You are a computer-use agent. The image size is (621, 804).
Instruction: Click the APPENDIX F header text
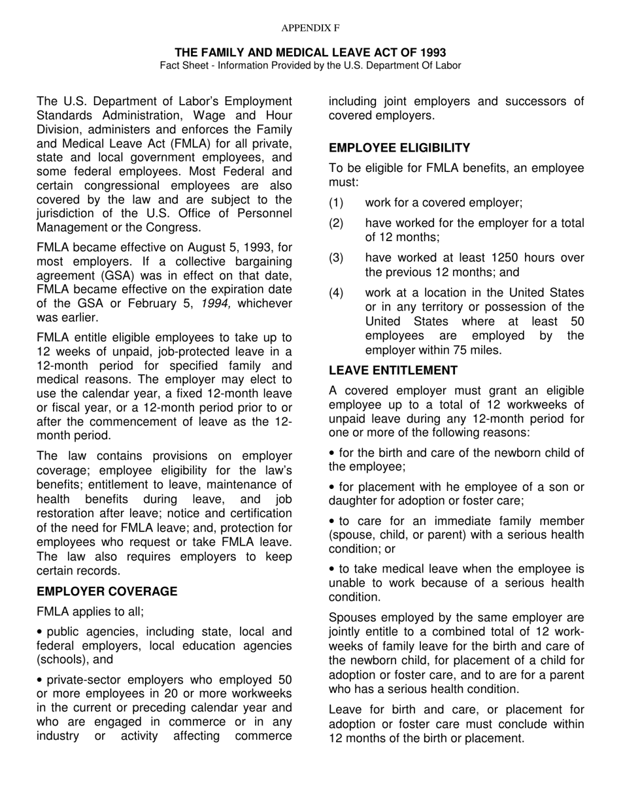coord(310,28)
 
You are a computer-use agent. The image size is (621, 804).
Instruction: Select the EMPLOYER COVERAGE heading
coord(107,592)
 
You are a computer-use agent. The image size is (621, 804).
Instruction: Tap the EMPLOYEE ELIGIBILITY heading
coord(399,148)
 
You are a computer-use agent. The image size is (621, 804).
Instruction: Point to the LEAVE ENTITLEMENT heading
coord(393,371)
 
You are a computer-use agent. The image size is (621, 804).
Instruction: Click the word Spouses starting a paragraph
coord(354,618)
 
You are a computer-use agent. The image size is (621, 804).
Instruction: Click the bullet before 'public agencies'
coord(40,632)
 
